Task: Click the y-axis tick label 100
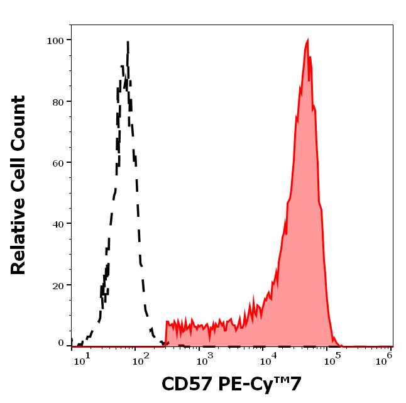pyautogui.click(x=56, y=40)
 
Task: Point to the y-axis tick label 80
pyautogui.click(x=58, y=101)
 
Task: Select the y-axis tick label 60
pyautogui.click(x=58, y=162)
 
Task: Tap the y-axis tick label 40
pyautogui.click(x=58, y=223)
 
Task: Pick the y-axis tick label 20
pyautogui.click(x=58, y=285)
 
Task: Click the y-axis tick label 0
pyautogui.click(x=61, y=343)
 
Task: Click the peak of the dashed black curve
pyautogui.click(x=128, y=43)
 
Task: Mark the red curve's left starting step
pyautogui.click(x=167, y=322)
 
